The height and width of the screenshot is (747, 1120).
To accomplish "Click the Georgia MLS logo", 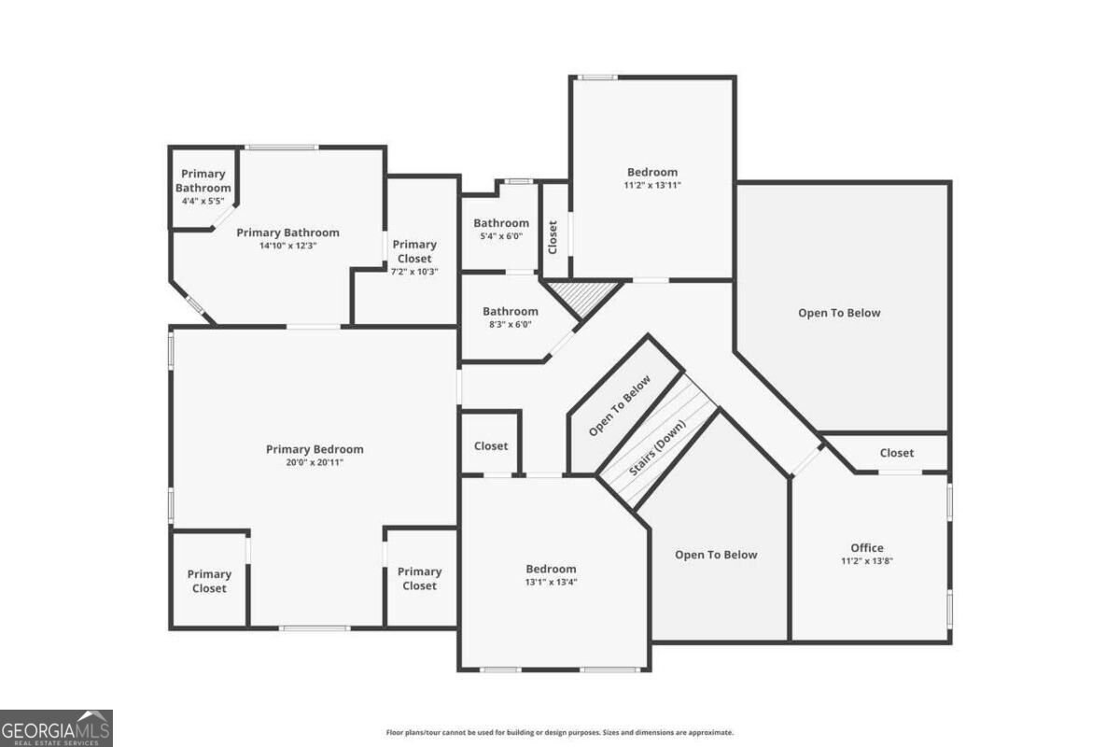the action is [x=56, y=728].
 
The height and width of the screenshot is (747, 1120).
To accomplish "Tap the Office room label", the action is [x=867, y=548].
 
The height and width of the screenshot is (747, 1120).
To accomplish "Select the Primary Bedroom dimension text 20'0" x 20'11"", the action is [x=315, y=462].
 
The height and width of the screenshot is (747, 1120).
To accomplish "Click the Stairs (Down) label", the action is [x=657, y=447].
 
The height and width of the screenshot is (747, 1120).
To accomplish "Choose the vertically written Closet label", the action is [x=553, y=237].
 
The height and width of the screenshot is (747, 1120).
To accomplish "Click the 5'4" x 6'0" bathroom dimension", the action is [x=501, y=236].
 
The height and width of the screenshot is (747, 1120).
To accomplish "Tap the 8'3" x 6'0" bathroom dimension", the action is [x=510, y=324].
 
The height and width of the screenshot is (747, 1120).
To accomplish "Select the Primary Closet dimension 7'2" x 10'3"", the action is [x=414, y=272].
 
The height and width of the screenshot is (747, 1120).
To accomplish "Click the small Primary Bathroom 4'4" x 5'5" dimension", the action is [x=203, y=201].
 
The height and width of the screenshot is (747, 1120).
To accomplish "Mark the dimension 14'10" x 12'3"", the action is [x=288, y=246].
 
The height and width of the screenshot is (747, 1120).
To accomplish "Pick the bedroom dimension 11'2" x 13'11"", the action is [x=652, y=185].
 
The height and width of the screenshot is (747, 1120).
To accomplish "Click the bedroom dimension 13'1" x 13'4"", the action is [x=551, y=582].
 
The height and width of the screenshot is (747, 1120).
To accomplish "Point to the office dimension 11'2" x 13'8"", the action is [x=867, y=561].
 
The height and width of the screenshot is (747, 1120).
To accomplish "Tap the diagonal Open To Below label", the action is [x=620, y=405].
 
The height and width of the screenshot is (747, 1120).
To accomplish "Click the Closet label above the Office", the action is [x=897, y=453].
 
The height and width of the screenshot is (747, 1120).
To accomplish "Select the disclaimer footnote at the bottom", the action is [x=559, y=732].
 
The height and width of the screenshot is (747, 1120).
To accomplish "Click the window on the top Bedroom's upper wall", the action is [x=597, y=78].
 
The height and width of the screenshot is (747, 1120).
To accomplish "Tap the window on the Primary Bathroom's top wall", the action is [x=282, y=148].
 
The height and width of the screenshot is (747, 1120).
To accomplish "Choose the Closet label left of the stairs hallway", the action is [x=491, y=445].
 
